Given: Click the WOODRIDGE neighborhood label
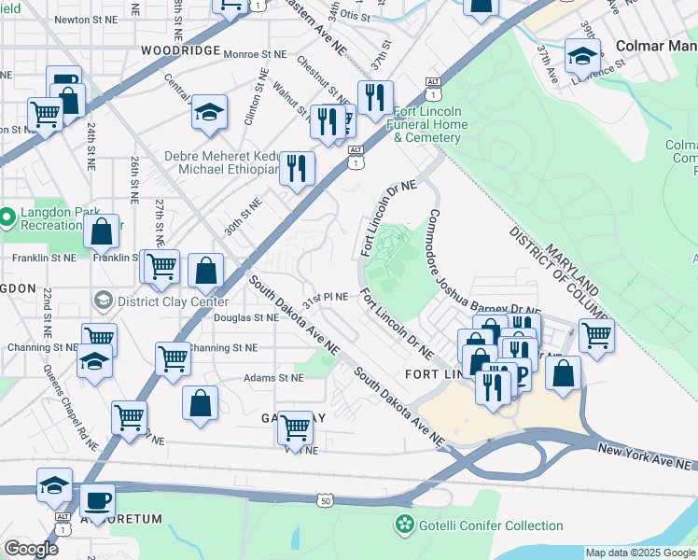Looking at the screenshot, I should point(180,49).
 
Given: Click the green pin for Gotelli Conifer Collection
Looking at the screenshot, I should point(404,525).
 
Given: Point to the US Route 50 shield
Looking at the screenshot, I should point(325,501).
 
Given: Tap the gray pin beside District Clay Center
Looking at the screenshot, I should point(103,301).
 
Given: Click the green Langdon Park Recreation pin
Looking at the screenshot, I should point(7,217).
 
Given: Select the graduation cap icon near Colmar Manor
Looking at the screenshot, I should point(583,57).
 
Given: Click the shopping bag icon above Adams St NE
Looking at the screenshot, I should point(202,404).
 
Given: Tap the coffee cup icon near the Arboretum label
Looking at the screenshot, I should point(96,501).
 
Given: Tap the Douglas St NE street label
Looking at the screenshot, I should point(246,318).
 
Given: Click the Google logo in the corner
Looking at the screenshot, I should point(31,549).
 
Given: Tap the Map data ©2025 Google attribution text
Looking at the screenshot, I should point(640,553).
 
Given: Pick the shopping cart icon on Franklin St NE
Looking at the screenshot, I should point(160,266).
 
